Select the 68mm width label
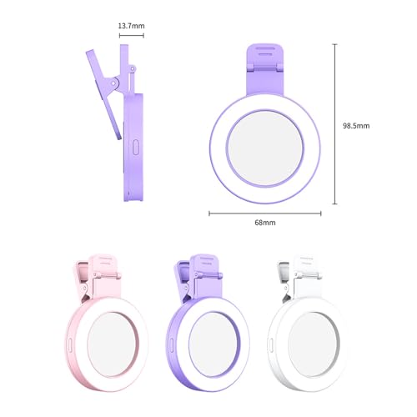point(264,224)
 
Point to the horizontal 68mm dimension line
point(264,213)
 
